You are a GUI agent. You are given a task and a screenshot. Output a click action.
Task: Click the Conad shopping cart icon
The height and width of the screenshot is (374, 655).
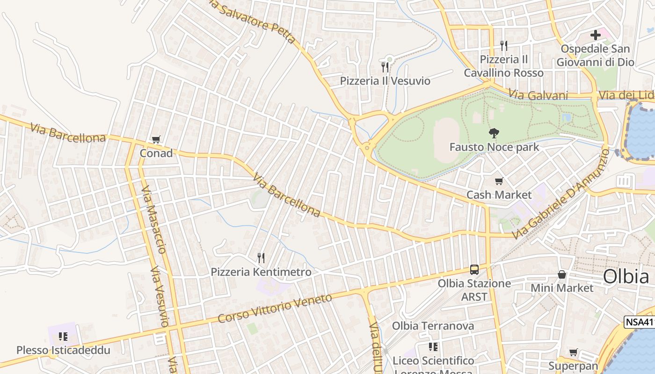156,139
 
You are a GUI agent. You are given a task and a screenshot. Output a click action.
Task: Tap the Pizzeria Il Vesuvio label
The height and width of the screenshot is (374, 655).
385,81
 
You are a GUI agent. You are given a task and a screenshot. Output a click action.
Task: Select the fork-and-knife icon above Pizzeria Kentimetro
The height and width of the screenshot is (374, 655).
261,257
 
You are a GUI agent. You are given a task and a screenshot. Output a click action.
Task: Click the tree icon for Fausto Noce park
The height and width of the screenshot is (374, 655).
494,133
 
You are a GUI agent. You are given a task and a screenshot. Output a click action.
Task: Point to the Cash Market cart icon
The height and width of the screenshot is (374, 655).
499,181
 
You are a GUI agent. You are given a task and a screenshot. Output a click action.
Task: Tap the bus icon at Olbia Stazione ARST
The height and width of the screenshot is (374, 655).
474,270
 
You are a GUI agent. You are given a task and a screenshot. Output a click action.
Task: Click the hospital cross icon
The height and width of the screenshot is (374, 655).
595,35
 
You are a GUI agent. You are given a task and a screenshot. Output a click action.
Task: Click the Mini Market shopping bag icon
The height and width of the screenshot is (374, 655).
562,274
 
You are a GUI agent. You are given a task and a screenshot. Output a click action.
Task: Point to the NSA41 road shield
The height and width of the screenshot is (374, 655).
640,322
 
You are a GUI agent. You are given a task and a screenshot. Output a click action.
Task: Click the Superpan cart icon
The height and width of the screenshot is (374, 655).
573,352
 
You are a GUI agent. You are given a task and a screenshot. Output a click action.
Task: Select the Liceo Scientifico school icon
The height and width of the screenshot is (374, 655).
433,347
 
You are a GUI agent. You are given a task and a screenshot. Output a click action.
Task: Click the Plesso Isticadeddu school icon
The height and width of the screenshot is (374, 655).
63,336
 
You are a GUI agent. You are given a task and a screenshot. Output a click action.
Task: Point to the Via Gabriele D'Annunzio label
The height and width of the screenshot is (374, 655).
561,194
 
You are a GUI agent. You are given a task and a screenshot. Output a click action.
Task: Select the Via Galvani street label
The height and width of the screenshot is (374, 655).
538,95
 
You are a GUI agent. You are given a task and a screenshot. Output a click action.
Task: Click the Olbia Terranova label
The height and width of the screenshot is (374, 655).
433,326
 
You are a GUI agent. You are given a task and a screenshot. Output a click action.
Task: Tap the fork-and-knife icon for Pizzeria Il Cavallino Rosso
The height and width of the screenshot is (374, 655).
504,45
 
